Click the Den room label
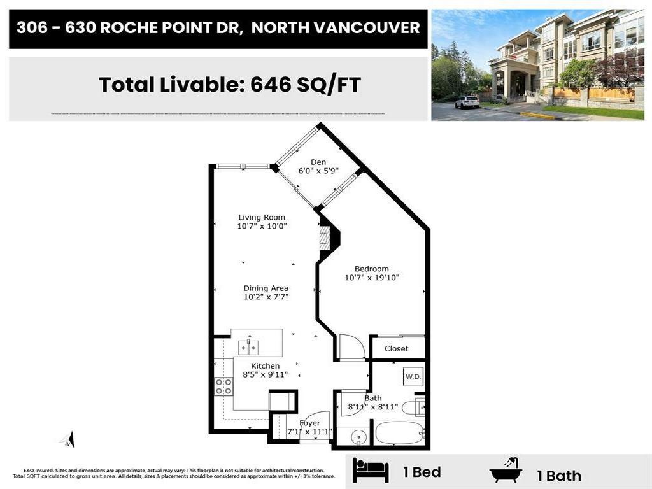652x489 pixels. point(318,162)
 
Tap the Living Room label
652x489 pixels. point(262,217)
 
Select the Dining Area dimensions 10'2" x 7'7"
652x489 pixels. point(266,297)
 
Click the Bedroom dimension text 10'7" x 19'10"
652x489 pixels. point(372,278)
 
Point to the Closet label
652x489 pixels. point(397,349)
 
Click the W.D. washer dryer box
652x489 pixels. point(413,377)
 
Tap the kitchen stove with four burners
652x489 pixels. point(223,386)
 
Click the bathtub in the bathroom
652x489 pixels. point(399,433)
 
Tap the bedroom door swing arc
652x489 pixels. point(351,346)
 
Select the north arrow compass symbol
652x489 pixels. point(68,439)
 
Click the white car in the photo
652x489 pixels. point(467,102)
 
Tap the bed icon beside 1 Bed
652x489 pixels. point(371,472)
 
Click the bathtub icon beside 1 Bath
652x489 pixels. point(506,471)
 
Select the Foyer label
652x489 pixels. point(310,423)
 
